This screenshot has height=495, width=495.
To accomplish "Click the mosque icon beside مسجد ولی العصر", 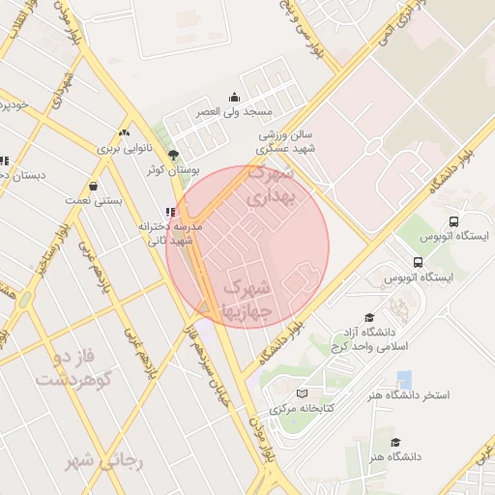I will [x=234, y=97].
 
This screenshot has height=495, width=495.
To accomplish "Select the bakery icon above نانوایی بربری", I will [x=123, y=132].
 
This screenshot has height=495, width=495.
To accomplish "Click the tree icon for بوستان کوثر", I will [x=174, y=155].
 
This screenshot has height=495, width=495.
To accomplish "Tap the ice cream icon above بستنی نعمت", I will [x=94, y=186].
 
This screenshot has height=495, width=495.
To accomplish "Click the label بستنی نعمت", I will [x=94, y=200].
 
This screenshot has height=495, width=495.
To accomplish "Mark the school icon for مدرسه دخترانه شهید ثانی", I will [x=171, y=212].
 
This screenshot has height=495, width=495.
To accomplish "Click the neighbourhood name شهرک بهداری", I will [x=272, y=187].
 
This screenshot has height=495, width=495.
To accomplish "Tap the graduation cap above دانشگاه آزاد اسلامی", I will [x=368, y=317].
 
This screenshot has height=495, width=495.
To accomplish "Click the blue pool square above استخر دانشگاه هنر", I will [x=404, y=380].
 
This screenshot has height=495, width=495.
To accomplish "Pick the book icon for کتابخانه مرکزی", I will [x=303, y=393].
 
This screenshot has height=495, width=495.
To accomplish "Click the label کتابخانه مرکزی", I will [x=302, y=409].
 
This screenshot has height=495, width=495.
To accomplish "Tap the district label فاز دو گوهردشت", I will [x=75, y=367].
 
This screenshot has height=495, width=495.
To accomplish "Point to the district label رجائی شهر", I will [x=103, y=461].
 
